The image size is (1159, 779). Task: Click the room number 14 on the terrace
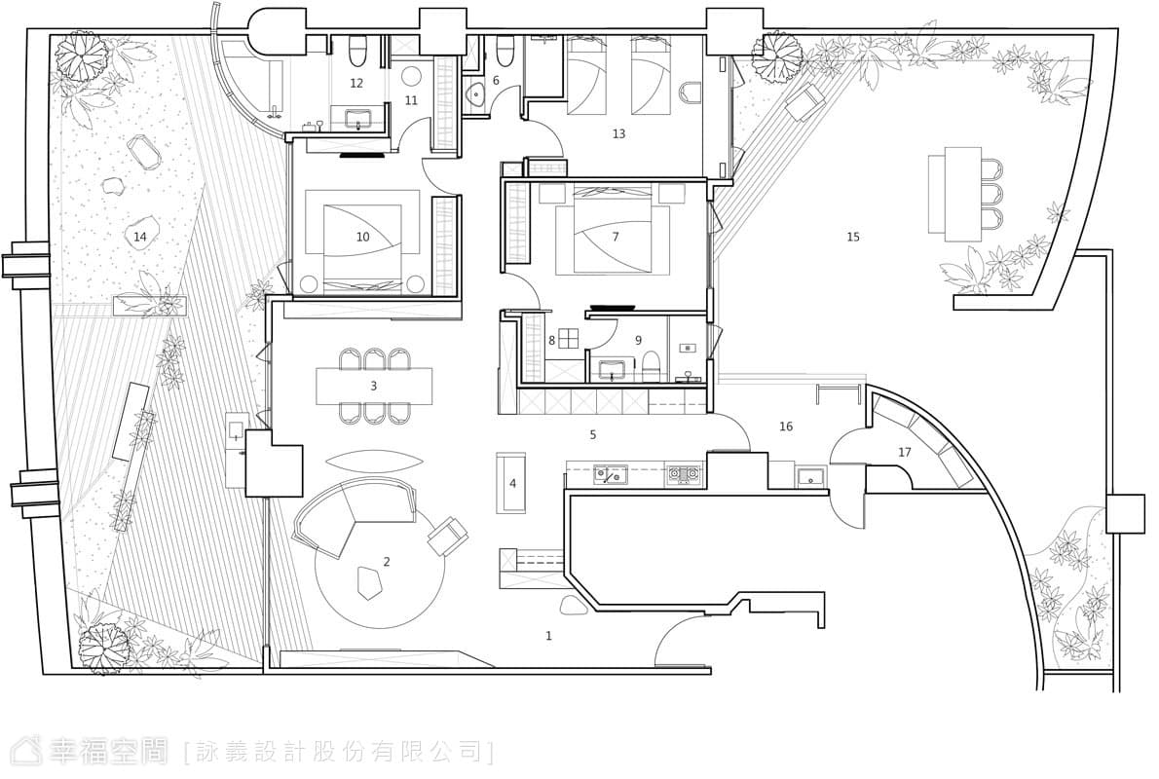pos(139,237)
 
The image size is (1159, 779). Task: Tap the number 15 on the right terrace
pos(853,237)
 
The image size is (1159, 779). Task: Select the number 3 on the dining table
pos(374,386)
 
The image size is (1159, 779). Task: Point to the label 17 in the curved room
pos(905,453)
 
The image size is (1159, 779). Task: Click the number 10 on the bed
pos(362,238)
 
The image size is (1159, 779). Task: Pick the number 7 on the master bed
pos(615,237)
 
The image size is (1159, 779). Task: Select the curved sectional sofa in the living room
pos(353,516)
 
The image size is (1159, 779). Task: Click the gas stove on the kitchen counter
pos(684,474)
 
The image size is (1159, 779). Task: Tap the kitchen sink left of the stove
pos(610,474)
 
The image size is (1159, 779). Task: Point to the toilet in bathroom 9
pos(652,364)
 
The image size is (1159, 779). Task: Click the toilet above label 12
pos(355,51)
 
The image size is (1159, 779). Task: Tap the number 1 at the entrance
pos(548,635)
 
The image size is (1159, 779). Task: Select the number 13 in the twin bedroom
pos(618,133)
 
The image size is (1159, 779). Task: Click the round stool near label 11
pos(411,75)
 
